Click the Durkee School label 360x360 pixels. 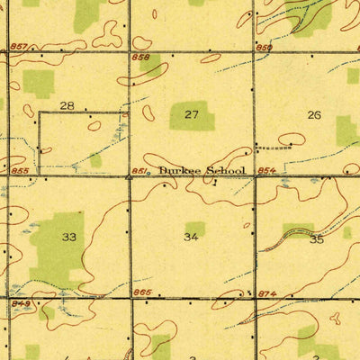pos(201,169)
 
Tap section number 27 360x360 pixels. pos(191,114)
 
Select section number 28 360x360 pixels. pos(67,105)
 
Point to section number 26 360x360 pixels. pos(313,114)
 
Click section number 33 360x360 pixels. pos(68,238)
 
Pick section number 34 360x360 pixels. pos(191,238)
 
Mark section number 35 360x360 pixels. pos(316,239)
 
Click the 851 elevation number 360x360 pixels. pos(139,168)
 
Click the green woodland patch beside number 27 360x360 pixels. pos(193,115)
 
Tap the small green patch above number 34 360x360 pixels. pos(194,229)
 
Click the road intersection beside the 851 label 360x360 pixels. pos(130,177)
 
